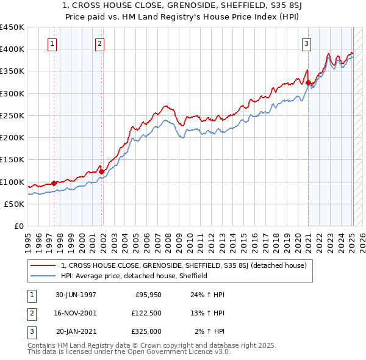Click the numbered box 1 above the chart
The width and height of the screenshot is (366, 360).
(x=52, y=43)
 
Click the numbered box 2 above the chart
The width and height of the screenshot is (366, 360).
(x=99, y=43)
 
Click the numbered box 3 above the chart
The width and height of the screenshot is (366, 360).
(x=306, y=43)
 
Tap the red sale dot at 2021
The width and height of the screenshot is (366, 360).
(x=309, y=82)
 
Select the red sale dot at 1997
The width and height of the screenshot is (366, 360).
(x=54, y=183)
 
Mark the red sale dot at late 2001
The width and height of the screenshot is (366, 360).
(x=101, y=171)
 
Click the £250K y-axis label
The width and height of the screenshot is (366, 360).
(x=12, y=115)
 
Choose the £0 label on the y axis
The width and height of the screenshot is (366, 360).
(x=18, y=226)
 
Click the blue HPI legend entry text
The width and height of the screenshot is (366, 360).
(x=134, y=276)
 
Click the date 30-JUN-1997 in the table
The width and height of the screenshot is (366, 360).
(x=76, y=295)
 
